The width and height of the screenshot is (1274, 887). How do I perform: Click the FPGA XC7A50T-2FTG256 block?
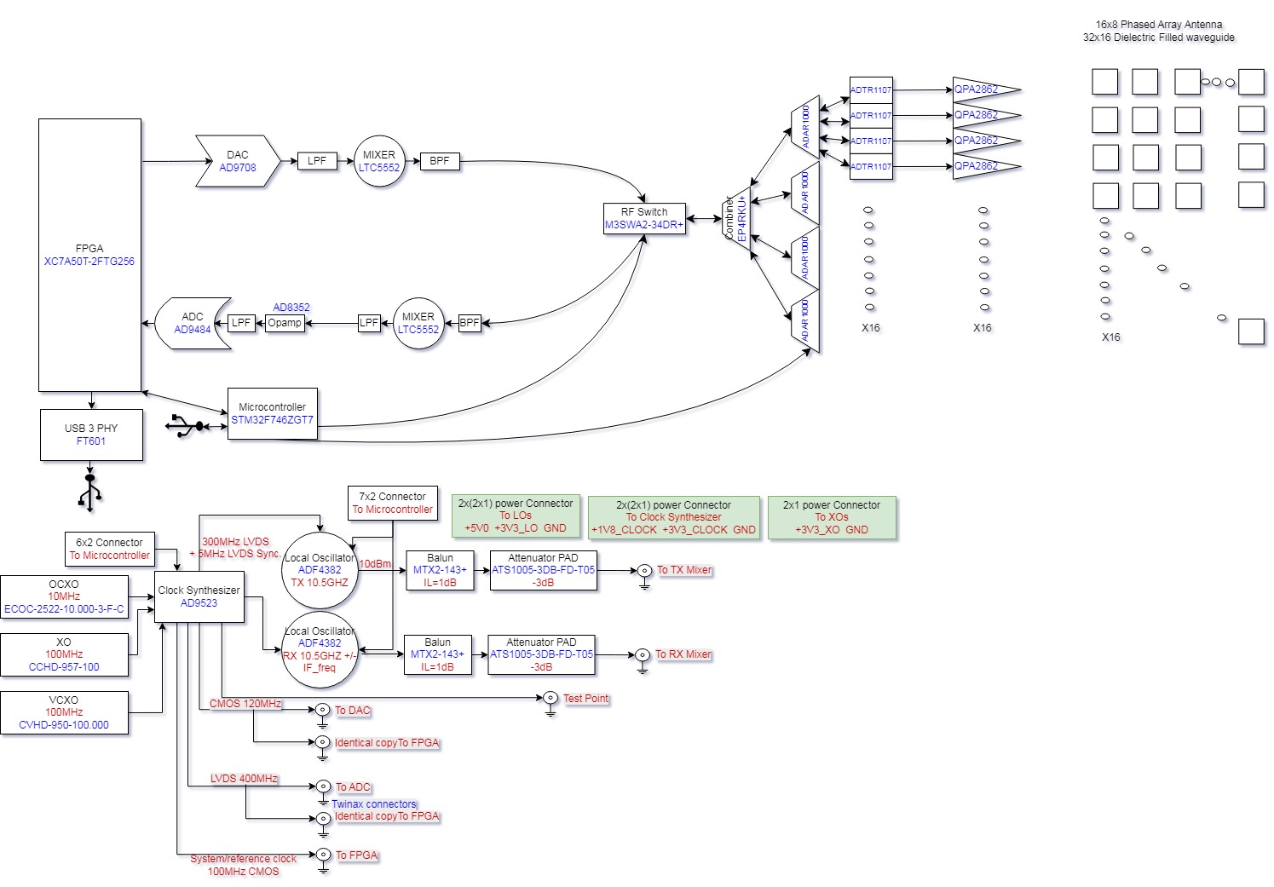pyautogui.click(x=89, y=255)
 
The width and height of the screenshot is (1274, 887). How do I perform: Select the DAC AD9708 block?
pyautogui.click(x=238, y=161)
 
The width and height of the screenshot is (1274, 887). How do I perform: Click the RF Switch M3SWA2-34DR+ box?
pyautogui.click(x=644, y=219)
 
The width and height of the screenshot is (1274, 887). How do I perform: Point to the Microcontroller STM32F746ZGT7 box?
pyautogui.click(x=273, y=414)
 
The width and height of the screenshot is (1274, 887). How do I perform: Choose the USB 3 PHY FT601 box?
pyautogui.click(x=91, y=435)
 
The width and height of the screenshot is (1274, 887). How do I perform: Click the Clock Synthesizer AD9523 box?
pyautogui.click(x=199, y=596)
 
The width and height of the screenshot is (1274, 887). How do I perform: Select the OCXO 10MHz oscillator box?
pyautogui.click(x=64, y=596)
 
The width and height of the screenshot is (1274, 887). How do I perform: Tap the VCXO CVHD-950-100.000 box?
pyautogui.click(x=64, y=712)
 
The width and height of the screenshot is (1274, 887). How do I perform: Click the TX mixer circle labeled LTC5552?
pyautogui.click(x=379, y=161)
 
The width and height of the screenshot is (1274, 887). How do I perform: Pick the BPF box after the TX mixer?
pyautogui.click(x=440, y=161)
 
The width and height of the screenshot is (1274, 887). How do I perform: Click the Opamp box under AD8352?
pyautogui.click(x=285, y=323)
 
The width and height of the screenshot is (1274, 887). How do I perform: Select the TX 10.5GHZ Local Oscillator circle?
pyautogui.click(x=320, y=570)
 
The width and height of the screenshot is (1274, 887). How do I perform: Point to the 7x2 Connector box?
pyautogui.click(x=393, y=503)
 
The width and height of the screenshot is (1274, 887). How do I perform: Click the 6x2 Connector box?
pyautogui.click(x=109, y=549)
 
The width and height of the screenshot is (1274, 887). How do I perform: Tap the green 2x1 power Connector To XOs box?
pyautogui.click(x=832, y=517)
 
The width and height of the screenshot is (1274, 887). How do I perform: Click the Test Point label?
pyautogui.click(x=585, y=699)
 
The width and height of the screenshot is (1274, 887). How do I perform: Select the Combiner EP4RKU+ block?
pyautogui.click(x=735, y=218)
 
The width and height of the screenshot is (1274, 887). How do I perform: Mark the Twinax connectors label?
pyautogui.click(x=374, y=803)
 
